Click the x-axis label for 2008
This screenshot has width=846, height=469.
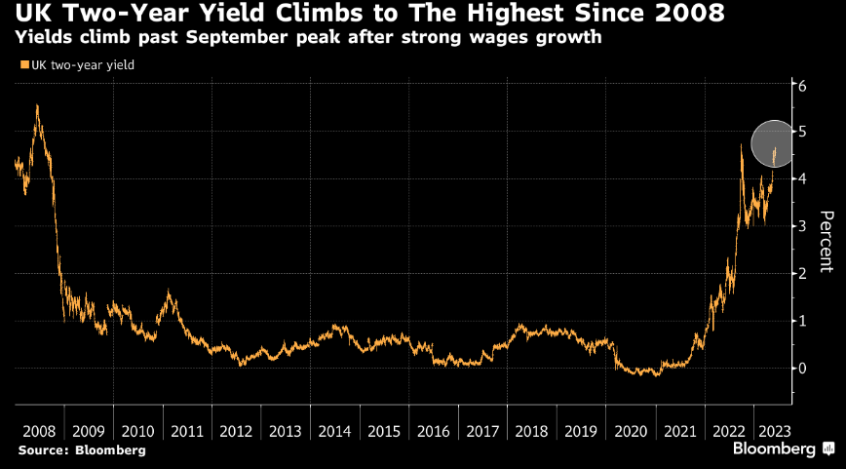click(39, 430)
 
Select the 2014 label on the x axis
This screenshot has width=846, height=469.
click(334, 430)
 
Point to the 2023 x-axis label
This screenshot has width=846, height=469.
click(773, 430)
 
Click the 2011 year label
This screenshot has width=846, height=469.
click(186, 430)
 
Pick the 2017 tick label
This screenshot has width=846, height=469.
click(482, 430)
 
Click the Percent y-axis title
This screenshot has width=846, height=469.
click(825, 240)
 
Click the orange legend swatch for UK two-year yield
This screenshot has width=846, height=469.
click(23, 65)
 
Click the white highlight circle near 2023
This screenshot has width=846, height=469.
click(777, 144)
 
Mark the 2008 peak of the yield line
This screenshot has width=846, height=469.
click(37, 106)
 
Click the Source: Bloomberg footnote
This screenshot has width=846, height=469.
click(82, 449)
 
